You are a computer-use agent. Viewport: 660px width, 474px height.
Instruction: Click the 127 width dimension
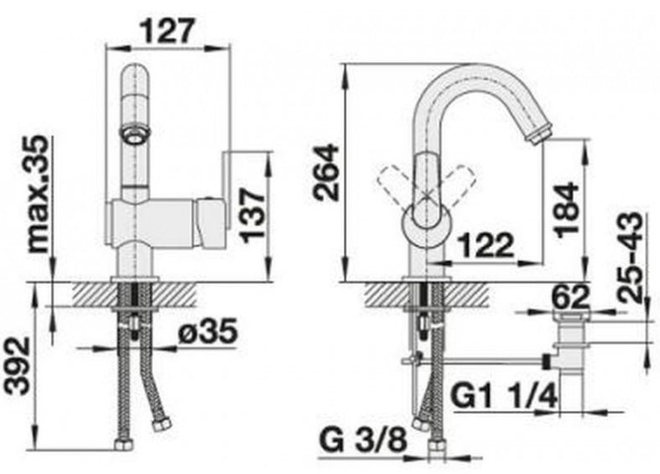click(168, 30)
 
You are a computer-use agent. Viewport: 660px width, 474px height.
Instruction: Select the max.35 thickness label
click(39, 194)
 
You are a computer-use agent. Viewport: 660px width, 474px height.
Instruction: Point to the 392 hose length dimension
click(18, 366)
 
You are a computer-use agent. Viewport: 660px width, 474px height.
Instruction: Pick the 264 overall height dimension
click(325, 172)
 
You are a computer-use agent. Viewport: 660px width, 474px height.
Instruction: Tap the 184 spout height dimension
click(567, 210)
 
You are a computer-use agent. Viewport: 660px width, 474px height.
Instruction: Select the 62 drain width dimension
click(570, 297)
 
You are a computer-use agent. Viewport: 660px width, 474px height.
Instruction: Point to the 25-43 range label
click(631, 257)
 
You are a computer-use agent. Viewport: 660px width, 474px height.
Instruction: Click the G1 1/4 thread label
click(504, 395)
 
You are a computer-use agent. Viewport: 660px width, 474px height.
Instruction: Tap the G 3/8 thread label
click(364, 440)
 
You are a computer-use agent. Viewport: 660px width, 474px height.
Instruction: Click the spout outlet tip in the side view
click(539, 135)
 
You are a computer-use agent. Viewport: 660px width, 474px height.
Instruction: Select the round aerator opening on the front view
click(135, 134)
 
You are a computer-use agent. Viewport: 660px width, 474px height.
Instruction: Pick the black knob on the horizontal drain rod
click(546, 362)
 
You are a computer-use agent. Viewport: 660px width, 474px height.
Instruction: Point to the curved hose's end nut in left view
click(163, 425)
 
